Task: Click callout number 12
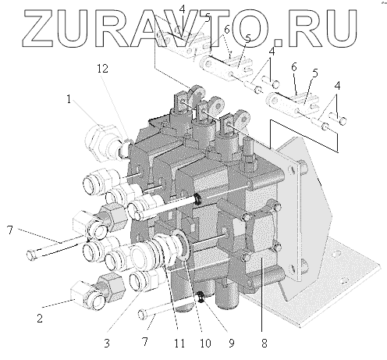click(102, 69)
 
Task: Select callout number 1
click(69, 99)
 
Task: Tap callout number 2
click(40, 318)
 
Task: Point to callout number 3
click(107, 344)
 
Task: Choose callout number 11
click(179, 344)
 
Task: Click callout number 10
click(205, 344)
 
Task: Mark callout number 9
click(232, 344)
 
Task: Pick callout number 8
click(264, 344)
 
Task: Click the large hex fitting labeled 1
click(103, 142)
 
